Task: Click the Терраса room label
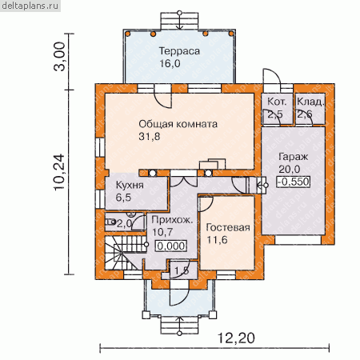click(x=179, y=51)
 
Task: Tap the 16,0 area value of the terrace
click(x=170, y=63)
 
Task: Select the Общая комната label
click(x=178, y=124)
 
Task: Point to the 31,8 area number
click(x=150, y=137)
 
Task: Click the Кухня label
click(x=130, y=185)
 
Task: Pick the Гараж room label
click(x=293, y=157)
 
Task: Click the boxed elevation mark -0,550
click(x=294, y=182)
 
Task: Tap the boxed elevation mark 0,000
click(x=171, y=246)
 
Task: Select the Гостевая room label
click(x=228, y=227)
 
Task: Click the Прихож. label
click(x=172, y=220)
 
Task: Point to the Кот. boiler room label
click(x=277, y=102)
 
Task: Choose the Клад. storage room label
click(x=310, y=102)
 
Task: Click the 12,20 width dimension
click(x=236, y=338)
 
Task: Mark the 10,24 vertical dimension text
click(x=59, y=172)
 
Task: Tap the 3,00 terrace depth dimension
click(x=59, y=56)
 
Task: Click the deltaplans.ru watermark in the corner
click(x=30, y=6)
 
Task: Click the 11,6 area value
click(x=218, y=240)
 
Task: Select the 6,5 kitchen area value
click(x=123, y=198)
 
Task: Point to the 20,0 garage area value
click(x=290, y=169)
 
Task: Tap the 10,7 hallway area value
click(x=162, y=232)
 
